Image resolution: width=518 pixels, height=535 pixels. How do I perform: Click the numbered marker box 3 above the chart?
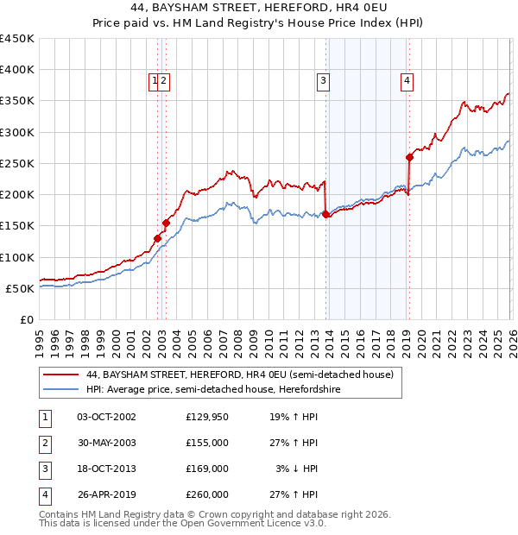point(323,82)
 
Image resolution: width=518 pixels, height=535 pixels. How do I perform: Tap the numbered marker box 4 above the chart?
point(406,82)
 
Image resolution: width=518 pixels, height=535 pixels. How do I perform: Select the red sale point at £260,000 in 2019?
point(409,157)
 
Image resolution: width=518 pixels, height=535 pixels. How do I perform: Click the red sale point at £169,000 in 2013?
point(325,214)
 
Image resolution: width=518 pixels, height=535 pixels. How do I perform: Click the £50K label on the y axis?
point(21,288)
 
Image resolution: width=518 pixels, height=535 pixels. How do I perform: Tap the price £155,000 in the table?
point(206,443)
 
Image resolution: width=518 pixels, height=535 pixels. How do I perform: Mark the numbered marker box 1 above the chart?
point(155,82)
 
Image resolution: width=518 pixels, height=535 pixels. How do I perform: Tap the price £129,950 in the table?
point(206,417)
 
